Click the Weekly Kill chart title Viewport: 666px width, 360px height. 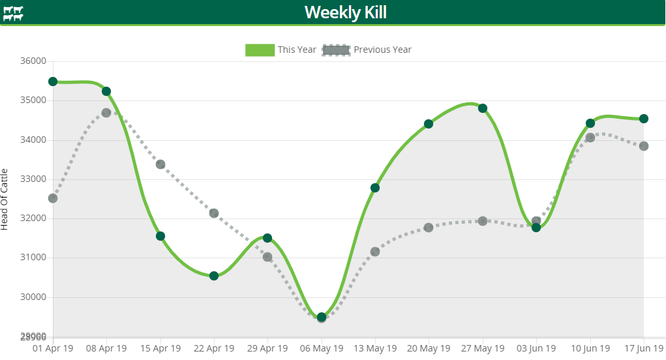[345, 12]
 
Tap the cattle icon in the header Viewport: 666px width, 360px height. [12, 13]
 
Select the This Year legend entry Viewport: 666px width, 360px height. [281, 50]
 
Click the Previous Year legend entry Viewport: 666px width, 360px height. [367, 50]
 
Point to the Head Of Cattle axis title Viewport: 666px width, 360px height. [5, 199]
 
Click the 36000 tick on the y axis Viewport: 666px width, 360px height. [34, 61]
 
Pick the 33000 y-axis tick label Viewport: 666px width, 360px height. [34, 179]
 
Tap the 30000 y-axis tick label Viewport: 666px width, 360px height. [34, 297]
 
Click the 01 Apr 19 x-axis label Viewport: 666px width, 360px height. [53, 349]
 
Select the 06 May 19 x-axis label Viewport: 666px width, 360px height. [322, 349]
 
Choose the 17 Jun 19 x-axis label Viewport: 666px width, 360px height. [644, 349]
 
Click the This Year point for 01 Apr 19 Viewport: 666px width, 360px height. [53, 82]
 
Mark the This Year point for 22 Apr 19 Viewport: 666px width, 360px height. [214, 276]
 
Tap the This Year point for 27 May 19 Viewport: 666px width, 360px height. [483, 108]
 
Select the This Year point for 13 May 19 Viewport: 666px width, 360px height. [375, 188]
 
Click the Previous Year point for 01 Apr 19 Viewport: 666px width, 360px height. [53, 198]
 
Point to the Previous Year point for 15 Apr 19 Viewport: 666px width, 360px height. [160, 164]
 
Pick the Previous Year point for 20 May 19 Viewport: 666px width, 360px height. [429, 228]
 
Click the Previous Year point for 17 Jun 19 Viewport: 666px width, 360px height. [644, 146]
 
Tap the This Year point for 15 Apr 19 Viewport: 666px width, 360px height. [160, 236]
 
